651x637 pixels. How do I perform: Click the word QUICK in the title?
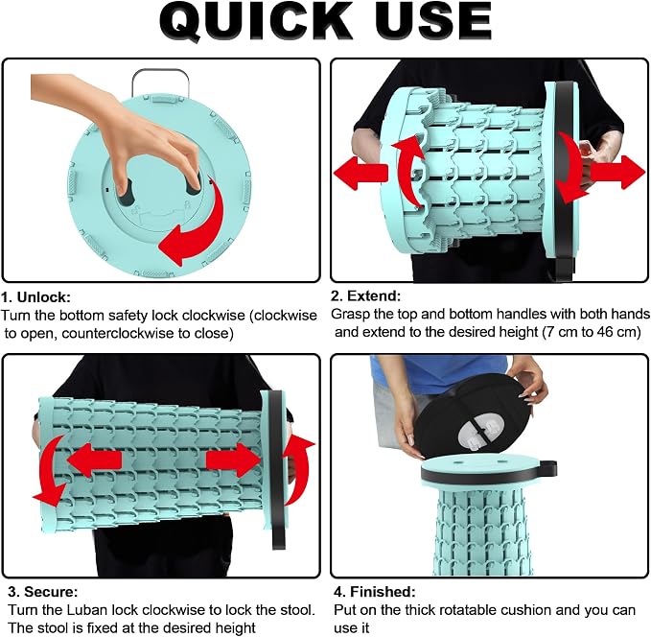click(256, 20)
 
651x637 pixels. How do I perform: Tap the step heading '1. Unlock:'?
click(35, 297)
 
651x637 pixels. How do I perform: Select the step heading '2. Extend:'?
click(366, 295)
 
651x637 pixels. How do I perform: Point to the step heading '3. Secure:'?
click(43, 591)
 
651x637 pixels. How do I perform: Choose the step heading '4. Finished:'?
click(375, 591)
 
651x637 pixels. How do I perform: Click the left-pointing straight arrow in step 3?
click(94, 460)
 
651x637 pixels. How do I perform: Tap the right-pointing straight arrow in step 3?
click(233, 460)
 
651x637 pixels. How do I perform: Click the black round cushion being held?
click(477, 415)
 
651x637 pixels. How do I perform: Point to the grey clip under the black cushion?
click(480, 434)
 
